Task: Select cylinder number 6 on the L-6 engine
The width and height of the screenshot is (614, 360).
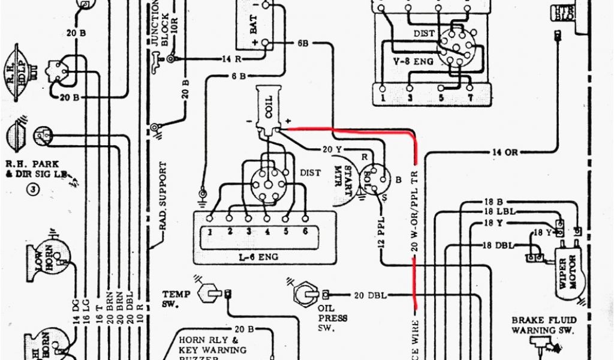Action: pyautogui.click(x=305, y=230)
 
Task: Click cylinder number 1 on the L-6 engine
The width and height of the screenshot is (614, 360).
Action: pyautogui.click(x=210, y=230)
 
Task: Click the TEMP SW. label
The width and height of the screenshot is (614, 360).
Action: pyautogui.click(x=176, y=299)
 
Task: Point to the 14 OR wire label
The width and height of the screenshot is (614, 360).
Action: pyautogui.click(x=504, y=152)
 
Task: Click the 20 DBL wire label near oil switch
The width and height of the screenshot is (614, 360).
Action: pyautogui.click(x=370, y=295)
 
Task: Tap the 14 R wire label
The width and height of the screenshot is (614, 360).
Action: pyautogui.click(x=231, y=59)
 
